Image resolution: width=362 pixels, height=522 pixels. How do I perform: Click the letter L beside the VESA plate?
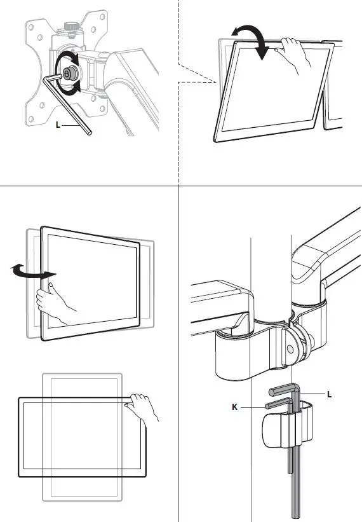58,125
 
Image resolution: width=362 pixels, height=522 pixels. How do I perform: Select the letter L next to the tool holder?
329,394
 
